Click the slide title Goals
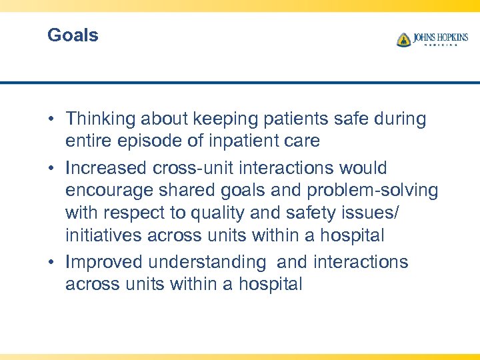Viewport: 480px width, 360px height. pyautogui.click(x=73, y=35)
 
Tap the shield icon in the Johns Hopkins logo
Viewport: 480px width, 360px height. pyautogui.click(x=403, y=40)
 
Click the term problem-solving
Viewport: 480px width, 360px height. pyautogui.click(x=373, y=191)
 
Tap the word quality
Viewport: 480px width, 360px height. pyautogui.click(x=227, y=213)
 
